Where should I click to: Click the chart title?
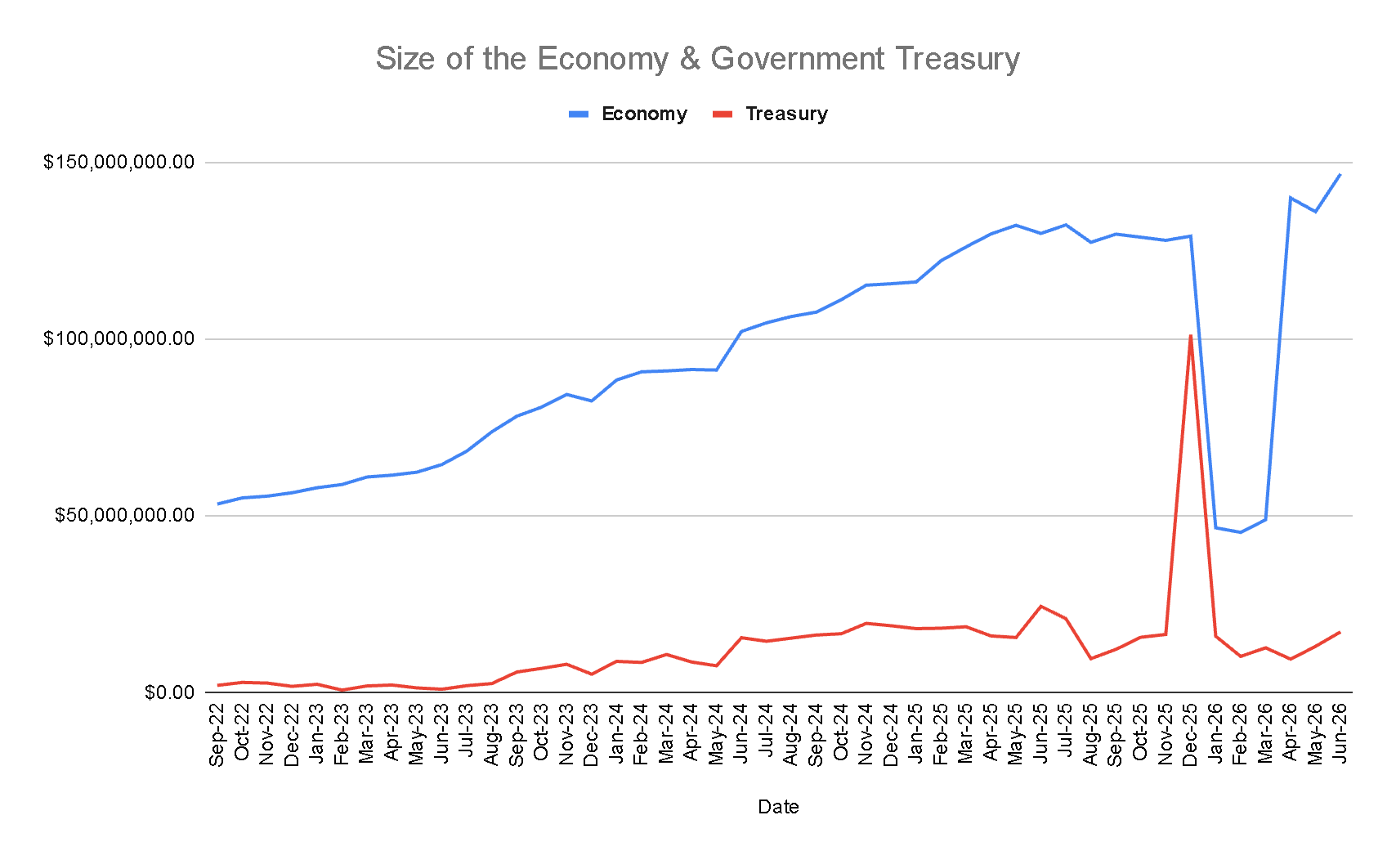pyautogui.click(x=697, y=59)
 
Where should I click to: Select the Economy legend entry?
pyautogui.click(x=628, y=114)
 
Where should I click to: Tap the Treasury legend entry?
pyautogui.click(x=770, y=114)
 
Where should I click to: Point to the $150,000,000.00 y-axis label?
pyautogui.click(x=119, y=162)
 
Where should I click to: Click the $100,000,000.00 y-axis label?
pyautogui.click(x=119, y=338)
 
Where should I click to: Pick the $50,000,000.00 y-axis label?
pyautogui.click(x=124, y=515)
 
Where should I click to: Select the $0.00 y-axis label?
pyautogui.click(x=169, y=692)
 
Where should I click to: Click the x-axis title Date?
pyautogui.click(x=778, y=807)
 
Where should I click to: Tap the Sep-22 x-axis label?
pyautogui.click(x=217, y=734)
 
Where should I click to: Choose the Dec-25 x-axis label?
pyautogui.click(x=1190, y=734)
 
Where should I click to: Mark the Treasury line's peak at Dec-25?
pyautogui.click(x=1190, y=336)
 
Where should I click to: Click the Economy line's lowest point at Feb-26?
pyautogui.click(x=1240, y=532)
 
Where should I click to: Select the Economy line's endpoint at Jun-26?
pyautogui.click(x=1340, y=174)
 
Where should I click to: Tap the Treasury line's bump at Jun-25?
pyautogui.click(x=1040, y=606)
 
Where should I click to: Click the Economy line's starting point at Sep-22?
pyautogui.click(x=217, y=504)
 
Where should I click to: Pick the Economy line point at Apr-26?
pyautogui.click(x=1290, y=198)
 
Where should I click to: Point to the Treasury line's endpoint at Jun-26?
pyautogui.click(x=1340, y=633)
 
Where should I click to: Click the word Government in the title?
pyautogui.click(x=797, y=59)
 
